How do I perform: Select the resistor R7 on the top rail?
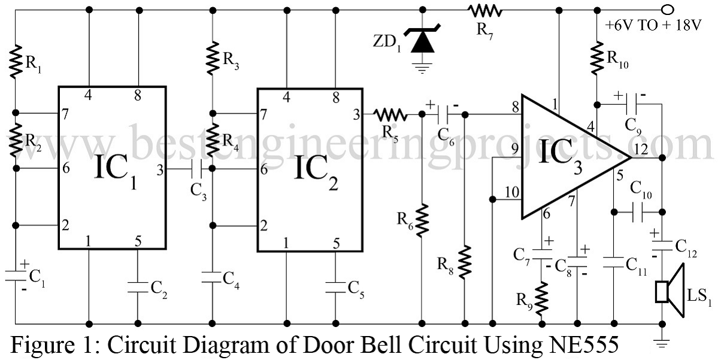tap(485, 10)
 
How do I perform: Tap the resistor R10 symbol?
tap(597, 57)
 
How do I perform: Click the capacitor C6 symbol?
tap(443, 113)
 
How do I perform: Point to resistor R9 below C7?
tap(542, 298)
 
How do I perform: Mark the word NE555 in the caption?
tap(581, 346)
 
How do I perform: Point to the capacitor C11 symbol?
tap(613, 261)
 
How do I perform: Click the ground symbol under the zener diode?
tap(423, 68)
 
